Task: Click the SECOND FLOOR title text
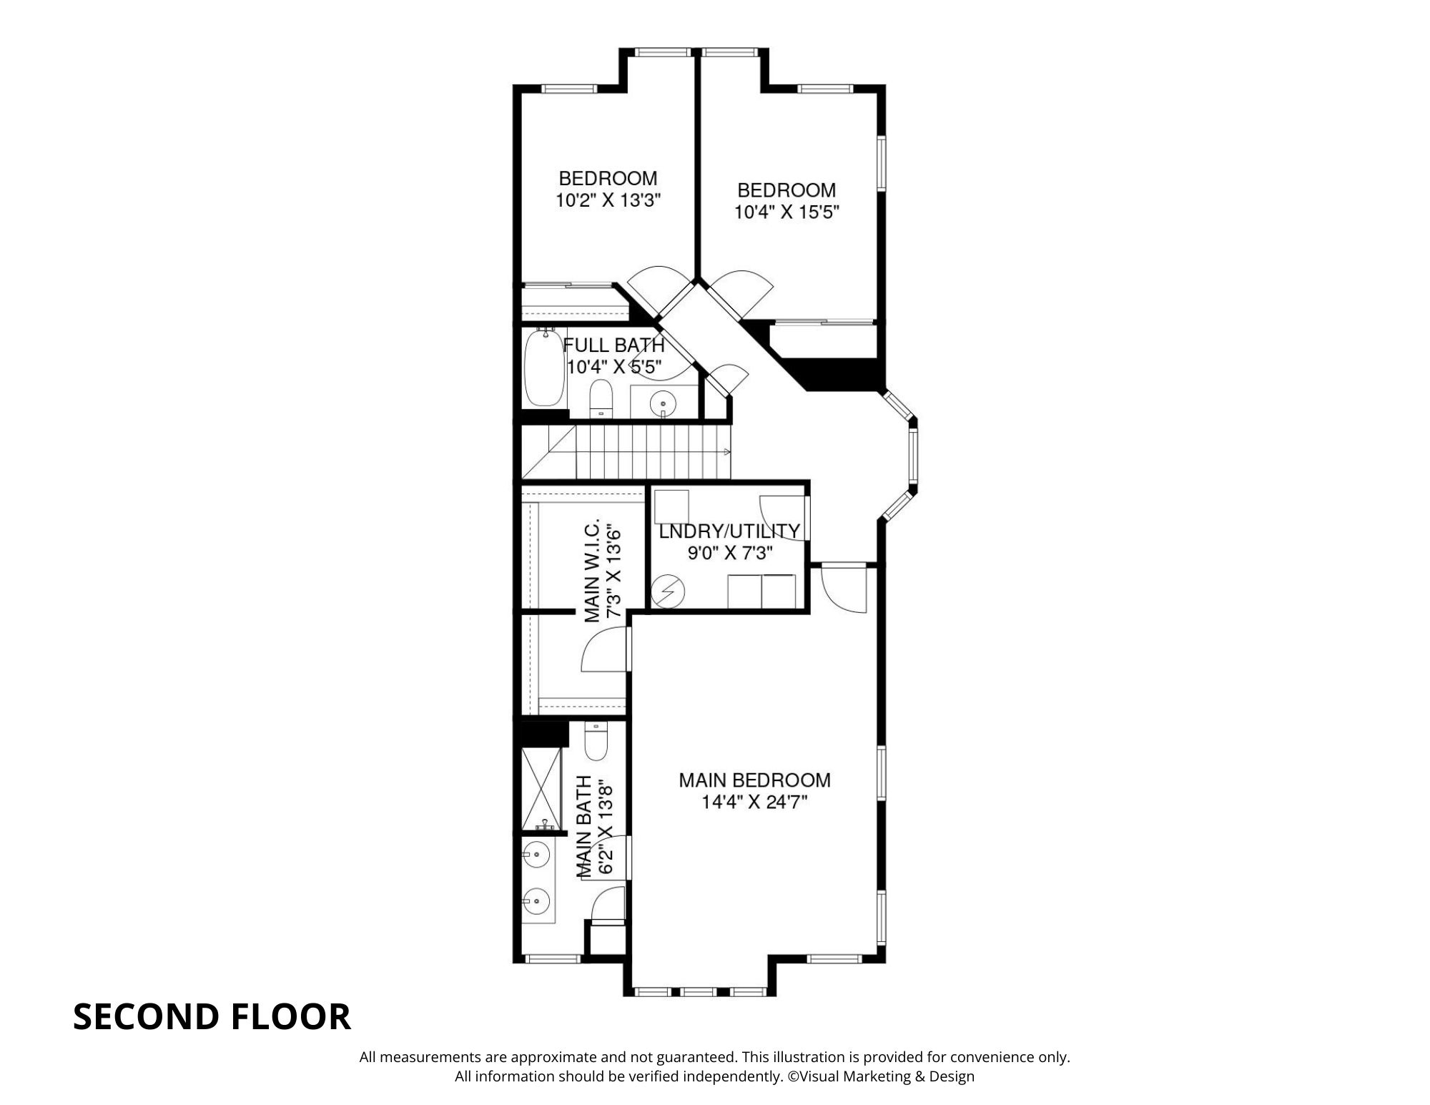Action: coord(212,1016)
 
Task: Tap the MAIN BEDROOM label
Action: coord(754,780)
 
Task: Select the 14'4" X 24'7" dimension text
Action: coord(754,802)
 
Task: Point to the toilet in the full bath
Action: coord(601,398)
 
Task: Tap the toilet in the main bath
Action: coord(596,742)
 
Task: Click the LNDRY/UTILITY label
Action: coord(729,531)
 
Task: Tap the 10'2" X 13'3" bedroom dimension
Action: coord(607,200)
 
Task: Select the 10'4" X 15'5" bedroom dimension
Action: coord(786,212)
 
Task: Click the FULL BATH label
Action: coord(614,345)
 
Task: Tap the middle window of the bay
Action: coord(913,458)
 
